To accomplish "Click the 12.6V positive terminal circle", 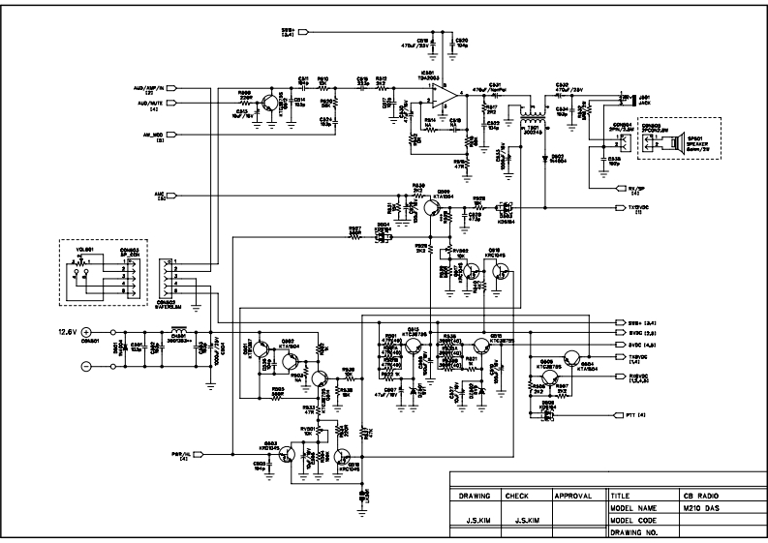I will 85,332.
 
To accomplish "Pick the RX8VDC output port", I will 621,375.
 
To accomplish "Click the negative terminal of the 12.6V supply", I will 85,366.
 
